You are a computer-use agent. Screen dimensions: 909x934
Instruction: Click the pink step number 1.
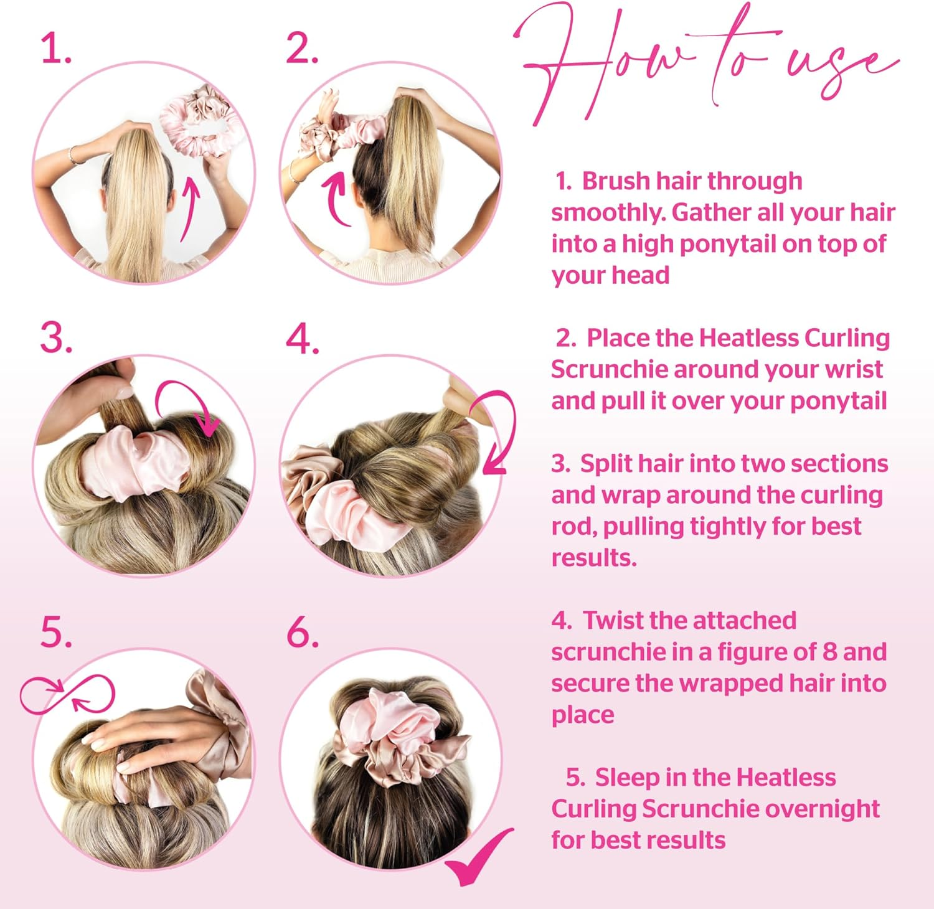pos(55,49)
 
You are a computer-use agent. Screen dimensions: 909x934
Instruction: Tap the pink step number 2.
pos(301,49)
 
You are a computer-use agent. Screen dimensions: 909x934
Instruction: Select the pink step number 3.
pos(55,339)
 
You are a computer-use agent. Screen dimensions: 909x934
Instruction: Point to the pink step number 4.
pos(302,340)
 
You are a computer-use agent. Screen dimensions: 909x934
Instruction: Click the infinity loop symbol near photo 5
pos(67,695)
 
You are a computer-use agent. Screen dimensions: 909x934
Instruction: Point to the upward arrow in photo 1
pos(191,208)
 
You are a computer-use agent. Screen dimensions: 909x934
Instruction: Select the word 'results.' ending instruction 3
pos(594,558)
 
